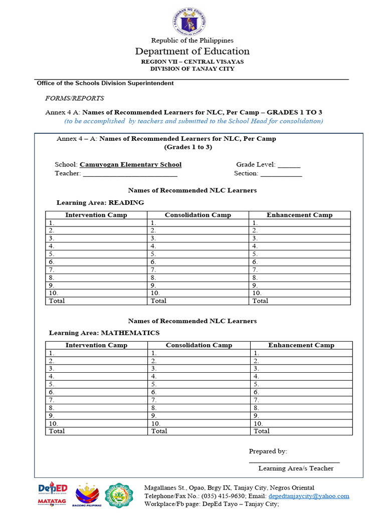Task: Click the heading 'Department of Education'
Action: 192,51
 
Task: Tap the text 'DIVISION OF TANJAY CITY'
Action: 192,69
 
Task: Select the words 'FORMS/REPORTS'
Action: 75,98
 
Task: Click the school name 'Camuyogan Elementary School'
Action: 130,164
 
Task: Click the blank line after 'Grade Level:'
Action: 289,165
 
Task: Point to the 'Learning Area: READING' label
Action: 100,202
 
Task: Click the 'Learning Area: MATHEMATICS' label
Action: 104,333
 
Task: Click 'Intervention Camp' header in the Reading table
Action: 96,215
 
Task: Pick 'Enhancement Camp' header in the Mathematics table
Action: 301,345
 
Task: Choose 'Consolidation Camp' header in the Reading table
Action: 198,215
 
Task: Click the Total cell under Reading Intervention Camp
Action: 96,301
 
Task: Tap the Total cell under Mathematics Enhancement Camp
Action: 301,431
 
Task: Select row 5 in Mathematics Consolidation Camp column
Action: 199,384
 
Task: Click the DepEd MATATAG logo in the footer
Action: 52,494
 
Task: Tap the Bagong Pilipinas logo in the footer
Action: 88,495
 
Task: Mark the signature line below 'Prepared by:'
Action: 294,461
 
